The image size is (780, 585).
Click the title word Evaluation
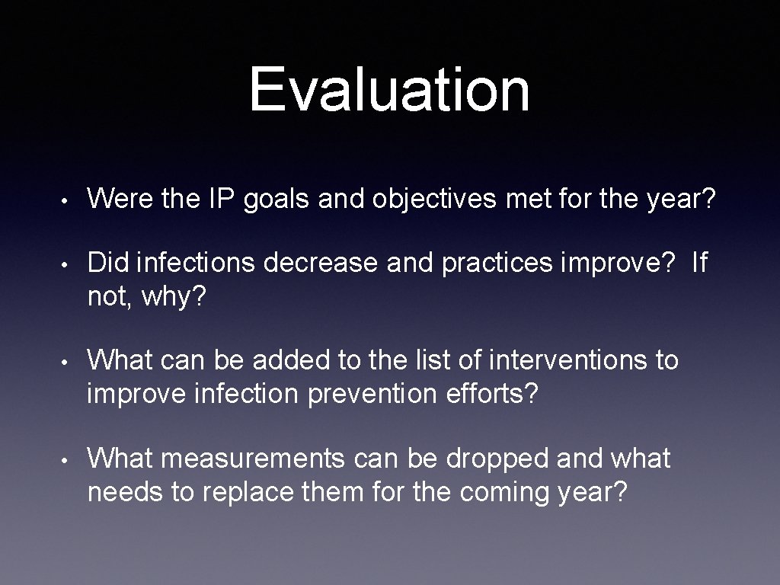[x=389, y=90]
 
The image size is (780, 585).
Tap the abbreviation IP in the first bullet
[x=224, y=199]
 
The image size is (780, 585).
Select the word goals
[x=278, y=200]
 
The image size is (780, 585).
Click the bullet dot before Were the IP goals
[x=68, y=200]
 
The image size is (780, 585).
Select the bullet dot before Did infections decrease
[x=68, y=264]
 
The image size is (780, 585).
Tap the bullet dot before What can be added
[x=68, y=361]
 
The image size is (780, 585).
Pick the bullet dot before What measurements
[x=68, y=460]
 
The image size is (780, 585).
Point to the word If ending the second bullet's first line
[x=699, y=263]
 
